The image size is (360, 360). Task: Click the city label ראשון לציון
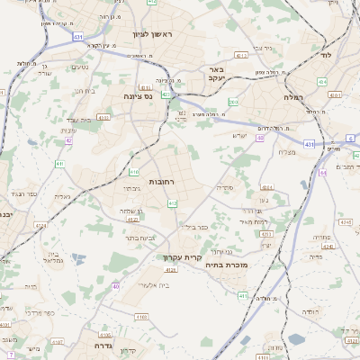click(163, 34)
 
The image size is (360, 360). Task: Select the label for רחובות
click(161, 182)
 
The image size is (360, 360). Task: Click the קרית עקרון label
click(182, 257)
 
